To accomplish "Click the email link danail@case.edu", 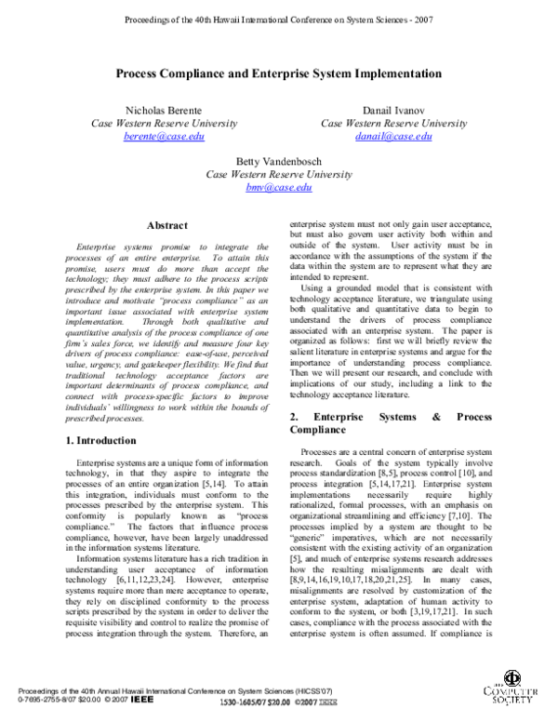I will pos(393,136).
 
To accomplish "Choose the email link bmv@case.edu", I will pos(278,187).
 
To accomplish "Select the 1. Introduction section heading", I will pos(93,436).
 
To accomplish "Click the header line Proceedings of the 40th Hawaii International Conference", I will pos(278,18).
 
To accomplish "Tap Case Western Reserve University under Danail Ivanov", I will pos(393,123).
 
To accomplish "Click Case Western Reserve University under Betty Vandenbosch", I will pos(278,174).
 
